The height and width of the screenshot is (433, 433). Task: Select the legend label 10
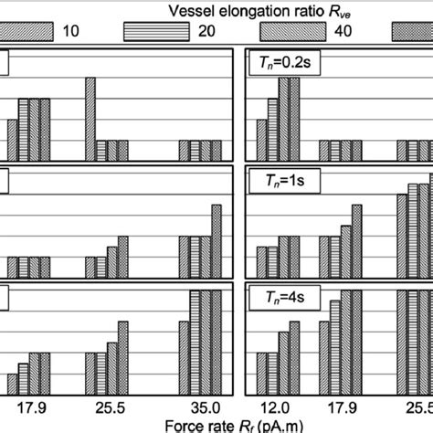pos(68,31)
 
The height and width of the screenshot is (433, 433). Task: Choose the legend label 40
pos(324,31)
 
